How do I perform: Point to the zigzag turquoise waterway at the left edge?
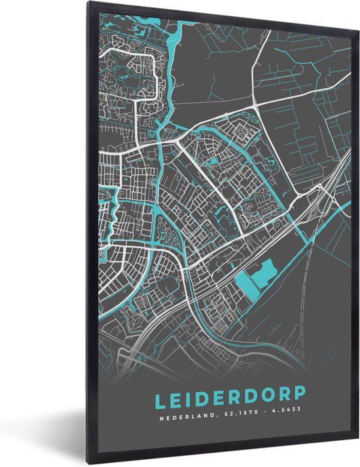click(111, 216)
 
